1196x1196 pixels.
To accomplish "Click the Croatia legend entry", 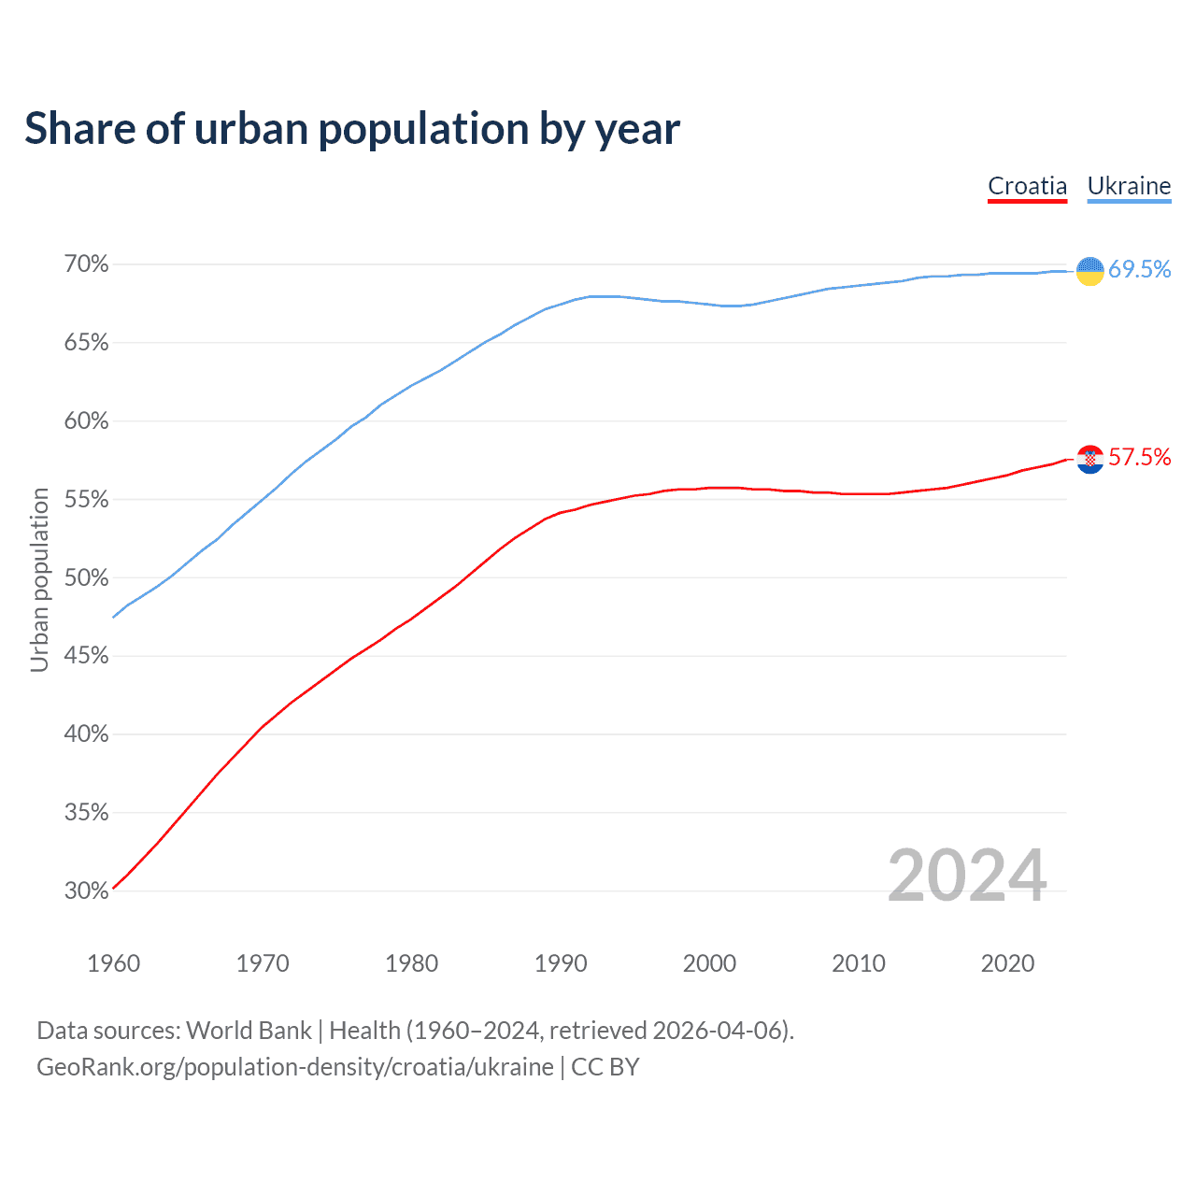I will point(1027,186).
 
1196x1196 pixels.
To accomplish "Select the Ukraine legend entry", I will point(1129,186).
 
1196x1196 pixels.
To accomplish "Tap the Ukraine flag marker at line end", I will point(1089,270).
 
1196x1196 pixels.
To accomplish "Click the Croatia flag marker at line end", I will point(1089,459).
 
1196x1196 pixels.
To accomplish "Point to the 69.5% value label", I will point(1139,270).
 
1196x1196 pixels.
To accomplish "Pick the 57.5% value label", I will point(1139,457).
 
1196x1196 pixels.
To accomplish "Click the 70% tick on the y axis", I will point(86,264).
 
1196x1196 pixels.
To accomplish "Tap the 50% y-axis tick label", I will point(86,577).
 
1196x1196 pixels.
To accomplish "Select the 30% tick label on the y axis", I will point(86,890).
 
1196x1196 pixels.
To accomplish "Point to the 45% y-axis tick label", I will point(86,656).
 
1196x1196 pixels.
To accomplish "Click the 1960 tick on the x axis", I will point(113,963).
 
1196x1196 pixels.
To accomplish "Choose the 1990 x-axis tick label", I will point(561,963).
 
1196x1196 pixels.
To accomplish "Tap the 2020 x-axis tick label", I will point(1007,963).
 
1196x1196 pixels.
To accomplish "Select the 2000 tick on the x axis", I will point(709,963).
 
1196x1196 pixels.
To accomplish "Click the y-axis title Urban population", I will point(39,579).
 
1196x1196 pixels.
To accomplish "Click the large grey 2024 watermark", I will point(967,876).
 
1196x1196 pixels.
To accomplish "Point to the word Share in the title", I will point(78,128).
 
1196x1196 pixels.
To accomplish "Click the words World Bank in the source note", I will point(249,1031).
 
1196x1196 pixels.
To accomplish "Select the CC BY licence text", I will point(605,1067).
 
